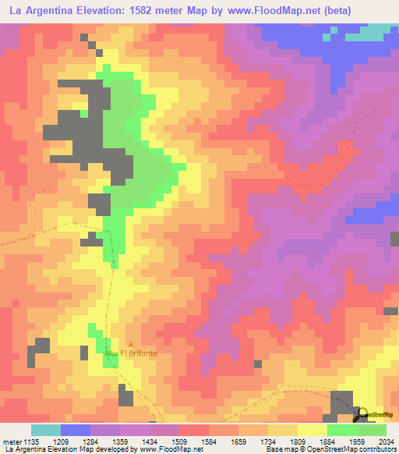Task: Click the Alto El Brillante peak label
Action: click(x=131, y=353)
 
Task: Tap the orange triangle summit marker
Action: click(x=131, y=344)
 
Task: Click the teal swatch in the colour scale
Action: click(x=46, y=430)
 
